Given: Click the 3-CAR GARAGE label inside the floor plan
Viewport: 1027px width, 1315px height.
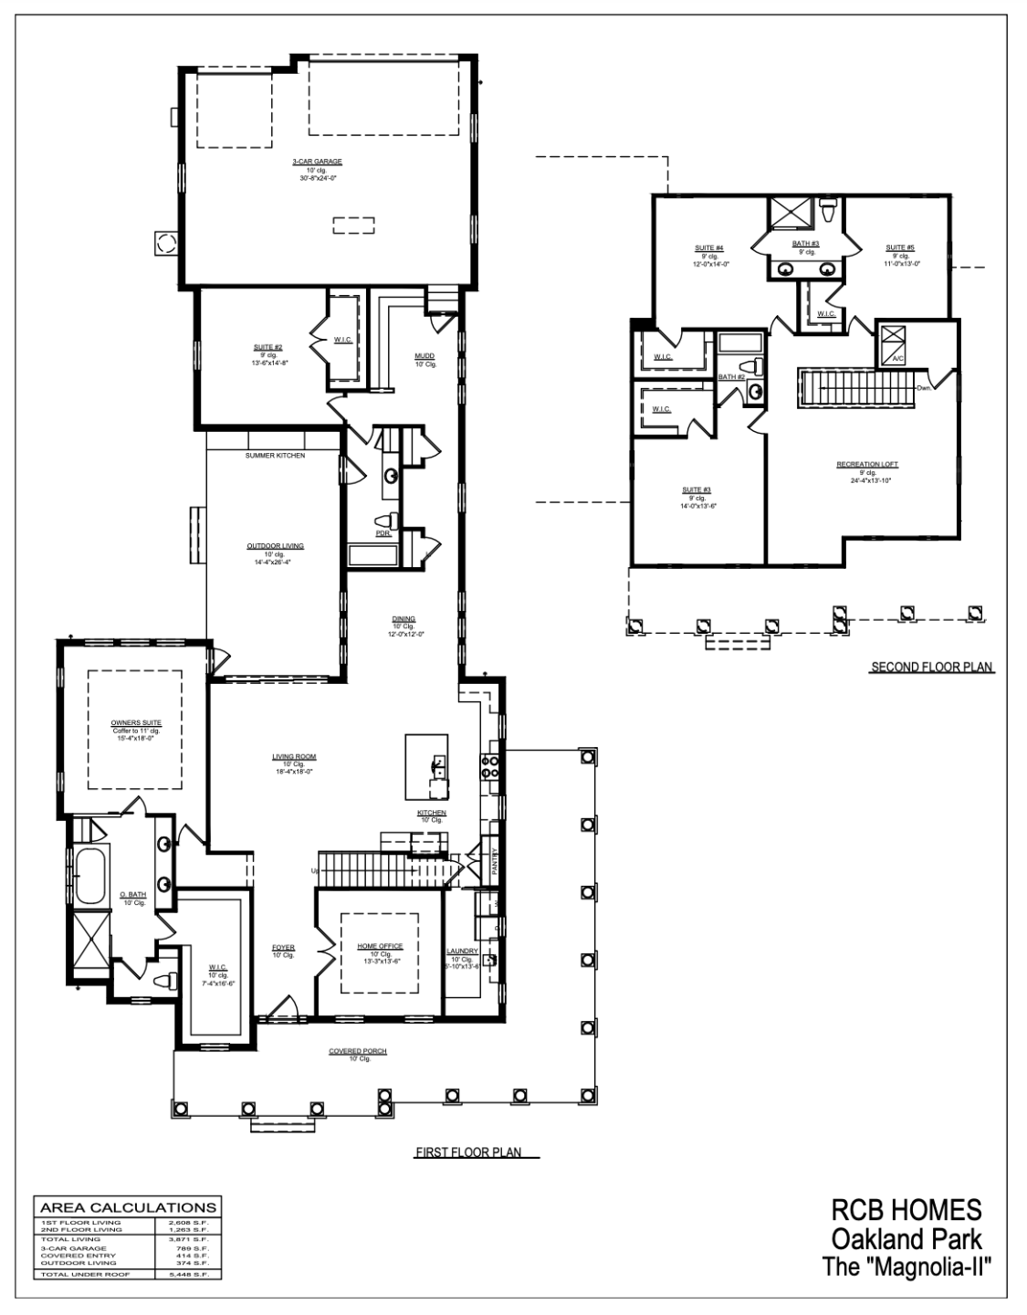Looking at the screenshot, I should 317,162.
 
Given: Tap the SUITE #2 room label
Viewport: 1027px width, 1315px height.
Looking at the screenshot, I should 267,347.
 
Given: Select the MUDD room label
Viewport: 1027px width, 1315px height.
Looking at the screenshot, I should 424,356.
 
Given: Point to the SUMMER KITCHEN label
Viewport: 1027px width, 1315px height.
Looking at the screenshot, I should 275,455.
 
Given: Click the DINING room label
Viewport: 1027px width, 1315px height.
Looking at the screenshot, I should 403,619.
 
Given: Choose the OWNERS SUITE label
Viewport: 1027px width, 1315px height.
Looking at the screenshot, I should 135,722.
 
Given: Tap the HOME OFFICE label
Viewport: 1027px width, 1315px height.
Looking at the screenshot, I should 379,946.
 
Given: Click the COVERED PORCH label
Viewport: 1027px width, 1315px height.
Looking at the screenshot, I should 358,1051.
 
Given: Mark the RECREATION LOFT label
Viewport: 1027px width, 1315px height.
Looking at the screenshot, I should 867,465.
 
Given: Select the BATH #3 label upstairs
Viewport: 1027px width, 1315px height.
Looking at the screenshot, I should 805,244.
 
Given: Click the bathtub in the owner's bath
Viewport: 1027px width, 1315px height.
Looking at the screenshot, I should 89,875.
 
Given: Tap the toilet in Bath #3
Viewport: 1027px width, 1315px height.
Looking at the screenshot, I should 828,211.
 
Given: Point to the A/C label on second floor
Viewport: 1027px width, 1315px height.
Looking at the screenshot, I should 898,359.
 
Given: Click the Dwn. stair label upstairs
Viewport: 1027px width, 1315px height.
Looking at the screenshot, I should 923,389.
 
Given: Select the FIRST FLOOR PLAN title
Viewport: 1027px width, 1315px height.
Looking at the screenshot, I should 468,1152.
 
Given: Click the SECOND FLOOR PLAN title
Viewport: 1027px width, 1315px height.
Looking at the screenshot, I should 932,668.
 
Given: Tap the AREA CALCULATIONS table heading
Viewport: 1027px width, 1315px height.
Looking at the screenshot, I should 128,1206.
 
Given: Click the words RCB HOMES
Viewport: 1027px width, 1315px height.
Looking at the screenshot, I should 906,1211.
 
